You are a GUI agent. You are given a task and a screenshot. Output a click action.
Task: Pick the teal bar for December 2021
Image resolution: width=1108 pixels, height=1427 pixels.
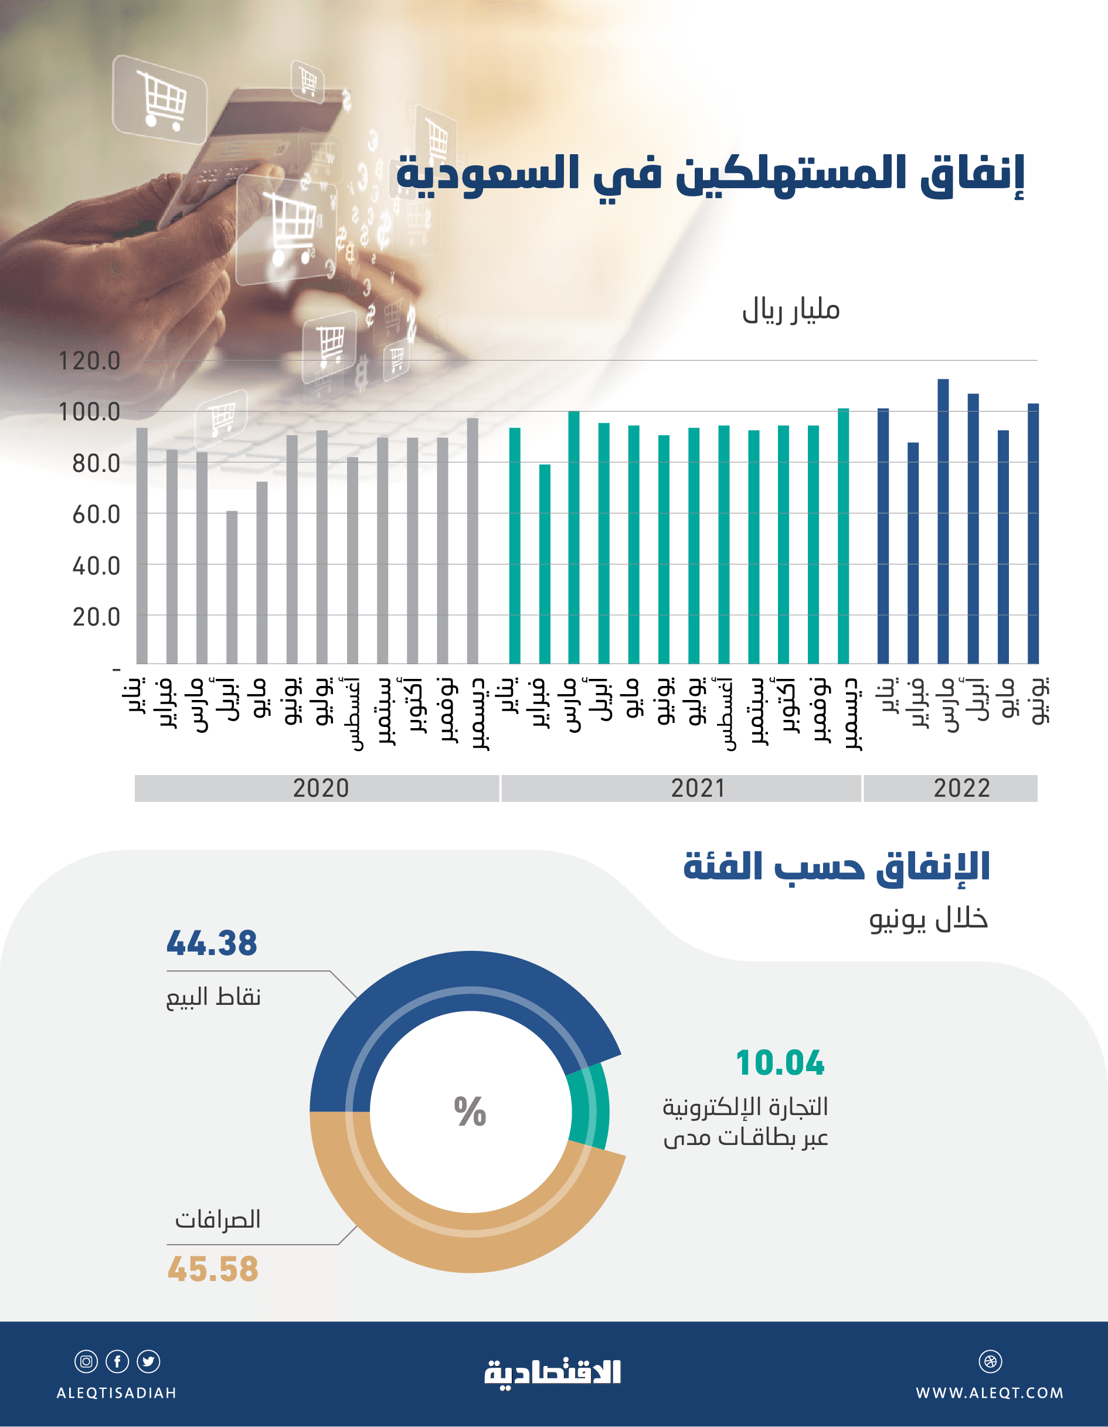tap(843, 536)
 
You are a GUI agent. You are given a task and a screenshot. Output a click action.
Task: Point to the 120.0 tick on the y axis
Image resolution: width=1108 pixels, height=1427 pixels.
tap(90, 361)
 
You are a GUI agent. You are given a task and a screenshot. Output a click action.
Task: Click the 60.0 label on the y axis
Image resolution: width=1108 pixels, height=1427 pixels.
tap(96, 514)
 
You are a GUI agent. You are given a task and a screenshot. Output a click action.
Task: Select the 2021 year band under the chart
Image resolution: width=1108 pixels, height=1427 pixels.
tap(697, 788)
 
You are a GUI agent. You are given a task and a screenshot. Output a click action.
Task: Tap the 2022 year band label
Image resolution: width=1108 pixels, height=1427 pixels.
tap(961, 788)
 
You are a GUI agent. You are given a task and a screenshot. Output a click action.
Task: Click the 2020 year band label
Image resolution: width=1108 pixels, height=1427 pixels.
tap(320, 788)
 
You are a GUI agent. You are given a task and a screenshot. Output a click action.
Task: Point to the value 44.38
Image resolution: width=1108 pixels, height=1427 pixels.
tap(212, 943)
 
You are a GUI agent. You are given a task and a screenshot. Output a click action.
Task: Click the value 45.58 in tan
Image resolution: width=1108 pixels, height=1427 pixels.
tap(213, 1269)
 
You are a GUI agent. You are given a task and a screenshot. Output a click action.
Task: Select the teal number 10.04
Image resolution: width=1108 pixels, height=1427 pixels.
tap(780, 1063)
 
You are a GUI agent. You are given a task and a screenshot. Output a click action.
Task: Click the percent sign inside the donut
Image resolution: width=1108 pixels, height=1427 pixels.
tap(470, 1112)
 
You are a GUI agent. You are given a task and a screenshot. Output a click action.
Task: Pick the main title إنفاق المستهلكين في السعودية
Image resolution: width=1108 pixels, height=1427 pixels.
tap(710, 174)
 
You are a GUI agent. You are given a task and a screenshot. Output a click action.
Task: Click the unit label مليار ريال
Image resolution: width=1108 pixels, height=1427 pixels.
tap(790, 310)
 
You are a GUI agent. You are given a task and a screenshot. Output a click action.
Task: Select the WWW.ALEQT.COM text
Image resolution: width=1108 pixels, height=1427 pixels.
tap(989, 1392)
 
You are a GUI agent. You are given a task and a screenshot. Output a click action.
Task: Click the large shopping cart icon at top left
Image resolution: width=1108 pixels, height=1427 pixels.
tap(161, 99)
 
